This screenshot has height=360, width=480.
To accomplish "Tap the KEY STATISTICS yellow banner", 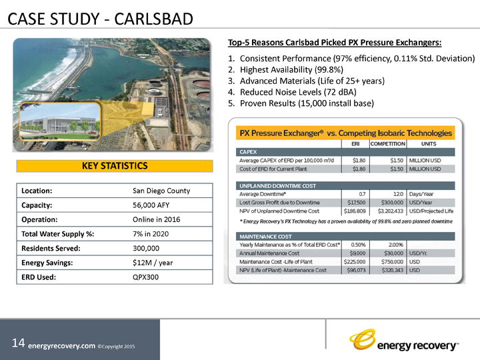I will [114, 165].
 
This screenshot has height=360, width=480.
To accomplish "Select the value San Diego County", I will [161, 190].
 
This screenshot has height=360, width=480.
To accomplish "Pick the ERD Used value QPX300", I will [146, 277].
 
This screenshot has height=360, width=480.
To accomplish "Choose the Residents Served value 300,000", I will [149, 248].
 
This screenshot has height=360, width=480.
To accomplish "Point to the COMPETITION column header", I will [387, 143].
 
